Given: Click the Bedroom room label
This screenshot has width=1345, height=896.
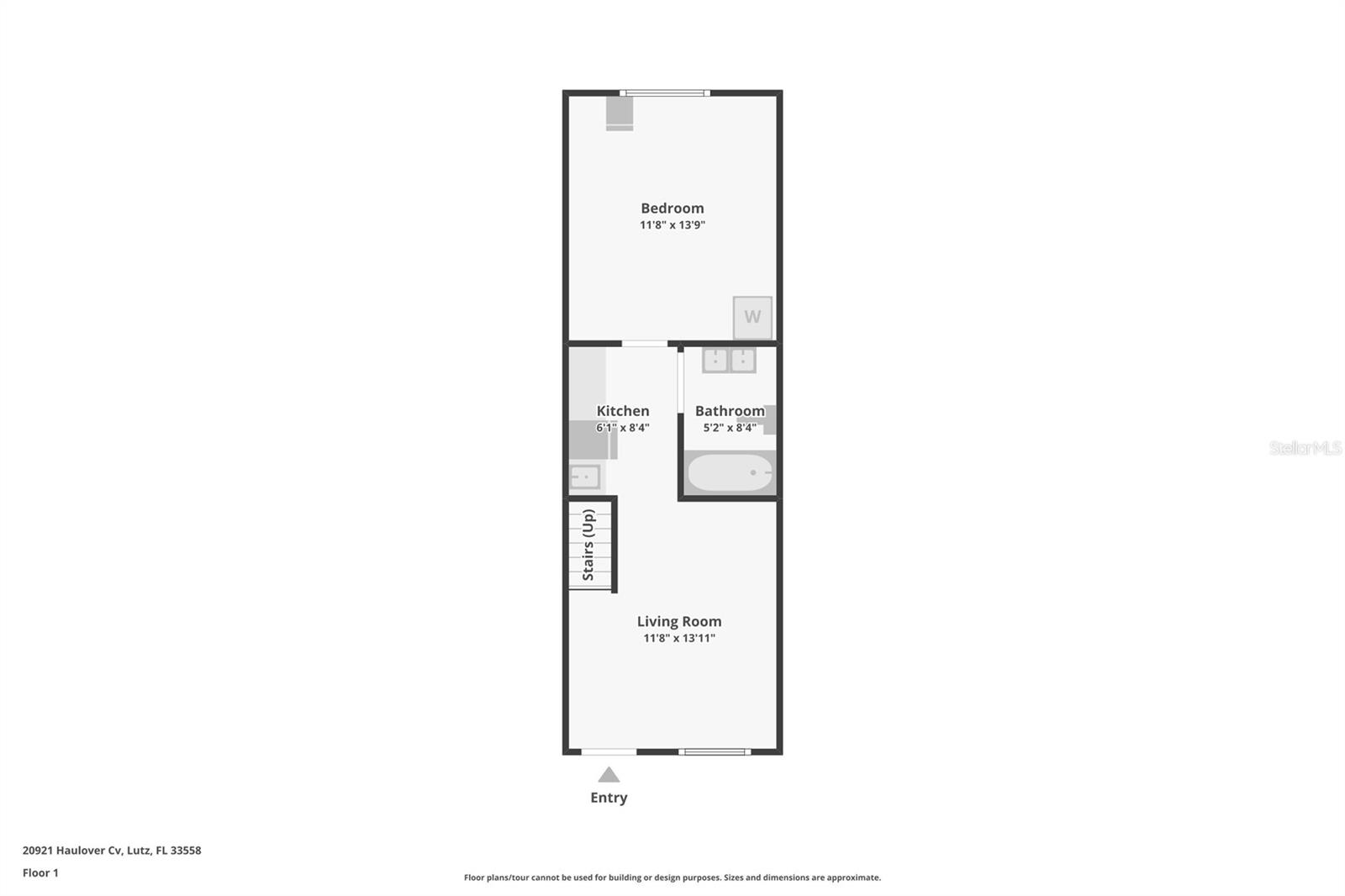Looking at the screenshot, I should point(672,208).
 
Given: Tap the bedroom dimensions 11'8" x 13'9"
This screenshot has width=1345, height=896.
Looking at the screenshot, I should point(672,225).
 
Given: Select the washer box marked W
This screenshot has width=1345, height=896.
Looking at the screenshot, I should point(752,317).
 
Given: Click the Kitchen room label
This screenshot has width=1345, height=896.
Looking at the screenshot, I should point(623,411).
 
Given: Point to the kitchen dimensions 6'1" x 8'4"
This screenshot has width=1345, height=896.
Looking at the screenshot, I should point(623,428).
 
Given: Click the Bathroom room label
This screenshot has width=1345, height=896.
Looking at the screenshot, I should point(730,411).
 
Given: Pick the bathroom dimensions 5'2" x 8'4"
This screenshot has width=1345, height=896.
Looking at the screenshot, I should point(730,428).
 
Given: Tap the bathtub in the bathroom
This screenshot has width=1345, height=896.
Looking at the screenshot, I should point(730,473).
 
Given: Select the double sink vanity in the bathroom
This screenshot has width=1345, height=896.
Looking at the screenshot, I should point(729,361).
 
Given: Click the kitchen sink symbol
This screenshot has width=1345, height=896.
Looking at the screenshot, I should point(584,477).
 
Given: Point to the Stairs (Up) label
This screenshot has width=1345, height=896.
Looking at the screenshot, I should point(588,545).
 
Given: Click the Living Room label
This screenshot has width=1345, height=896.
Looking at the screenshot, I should point(678,622).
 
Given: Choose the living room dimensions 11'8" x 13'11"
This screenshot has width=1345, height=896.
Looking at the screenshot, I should point(678,639).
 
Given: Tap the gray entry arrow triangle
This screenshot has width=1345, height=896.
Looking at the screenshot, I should point(609,775).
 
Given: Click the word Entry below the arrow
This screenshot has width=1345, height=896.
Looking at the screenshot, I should point(609,798).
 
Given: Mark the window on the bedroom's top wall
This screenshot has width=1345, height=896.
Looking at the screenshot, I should point(665,92).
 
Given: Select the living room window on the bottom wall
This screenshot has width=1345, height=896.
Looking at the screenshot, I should point(714,751).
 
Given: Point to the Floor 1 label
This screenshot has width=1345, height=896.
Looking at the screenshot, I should point(40,873).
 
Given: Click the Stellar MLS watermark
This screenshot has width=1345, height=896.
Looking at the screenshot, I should point(1305,448).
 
